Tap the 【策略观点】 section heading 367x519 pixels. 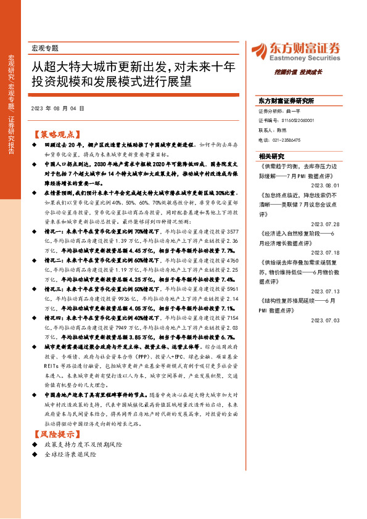click(56, 133)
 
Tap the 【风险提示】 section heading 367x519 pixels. click(56, 435)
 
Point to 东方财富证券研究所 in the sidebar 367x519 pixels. click(286, 100)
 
